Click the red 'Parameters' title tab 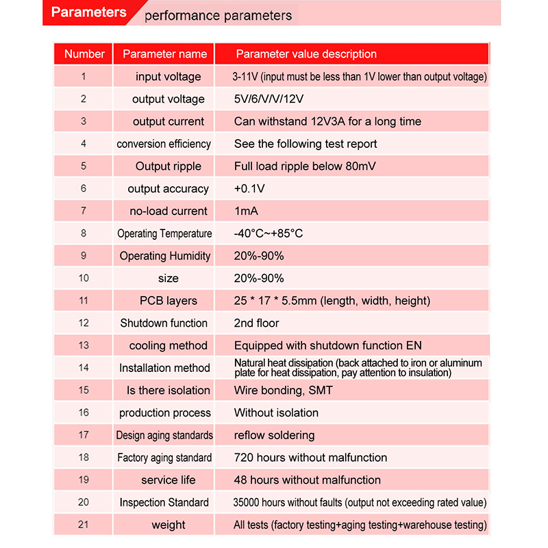point(89,12)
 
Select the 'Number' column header point(84,54)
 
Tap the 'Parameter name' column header point(164,54)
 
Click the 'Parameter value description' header point(306,54)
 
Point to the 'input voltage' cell point(168,77)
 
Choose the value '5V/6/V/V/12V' point(269,99)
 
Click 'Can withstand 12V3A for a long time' point(327,122)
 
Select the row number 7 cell point(84,211)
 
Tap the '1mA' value point(246,211)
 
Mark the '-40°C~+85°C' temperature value point(268,234)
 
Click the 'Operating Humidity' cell point(165,256)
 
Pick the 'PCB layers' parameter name point(168,301)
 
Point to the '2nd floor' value point(256,323)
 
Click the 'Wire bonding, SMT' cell point(284,390)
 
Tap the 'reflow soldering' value point(274,435)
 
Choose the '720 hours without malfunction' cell point(310,458)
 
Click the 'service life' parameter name point(169,480)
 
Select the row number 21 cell point(84,525)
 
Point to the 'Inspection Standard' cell point(164,503)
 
